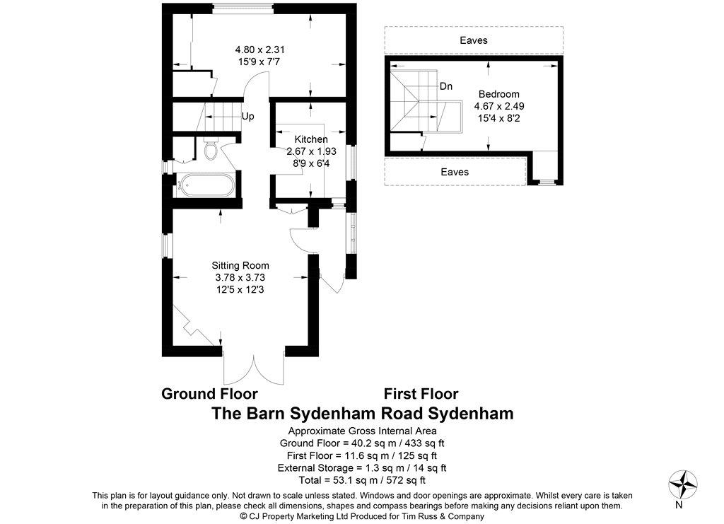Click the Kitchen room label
311,139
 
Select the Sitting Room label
240,265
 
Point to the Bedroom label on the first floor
498,94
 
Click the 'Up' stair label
248,117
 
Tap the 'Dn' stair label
446,86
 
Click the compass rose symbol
683,484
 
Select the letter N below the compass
679,505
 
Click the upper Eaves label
474,40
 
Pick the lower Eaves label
455,172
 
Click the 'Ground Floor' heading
209,394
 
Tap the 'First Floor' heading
421,394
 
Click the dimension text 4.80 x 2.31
260,50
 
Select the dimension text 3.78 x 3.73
240,277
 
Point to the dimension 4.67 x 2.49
499,106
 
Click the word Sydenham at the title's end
471,413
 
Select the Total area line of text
362,480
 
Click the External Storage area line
362,467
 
